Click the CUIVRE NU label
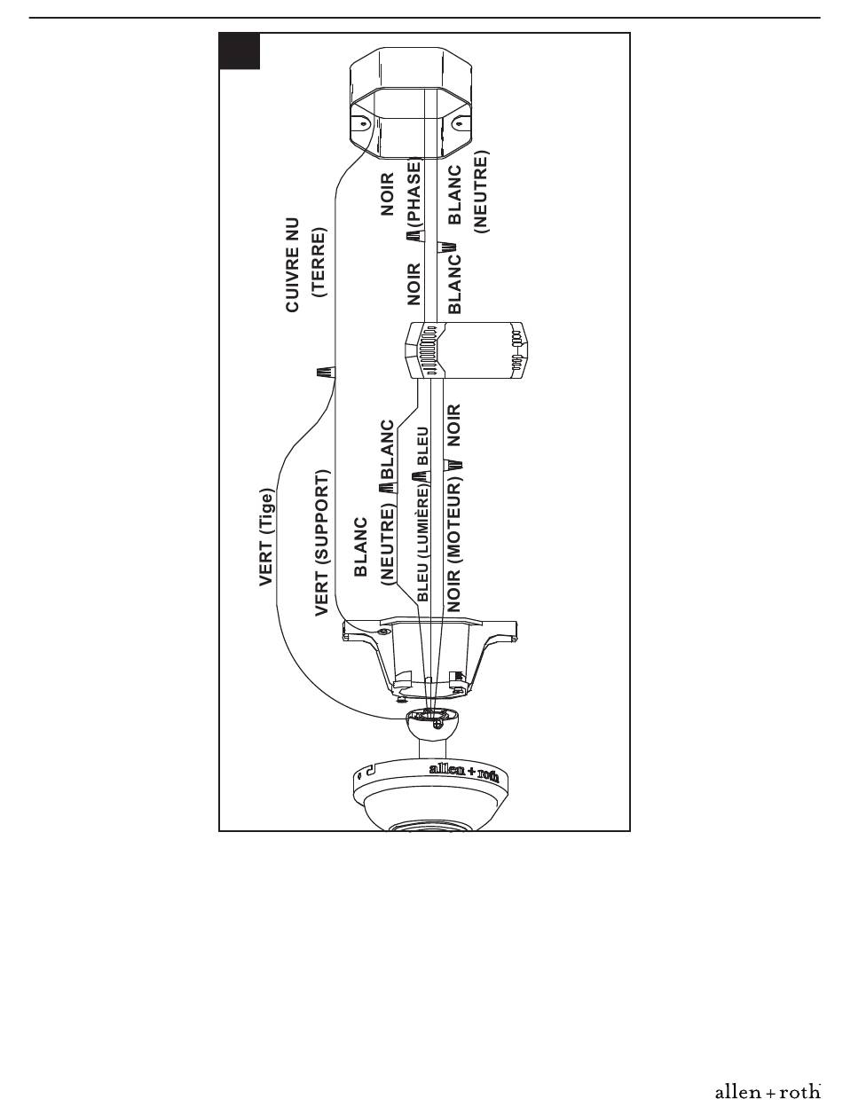tap(293, 265)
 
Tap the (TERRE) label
tap(319, 263)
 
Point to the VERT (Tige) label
tap(266, 538)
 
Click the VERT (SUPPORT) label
tap(322, 543)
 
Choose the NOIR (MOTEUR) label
tap(453, 547)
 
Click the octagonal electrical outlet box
tap(411, 103)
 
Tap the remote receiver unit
tap(465, 350)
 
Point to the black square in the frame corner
tap(240, 51)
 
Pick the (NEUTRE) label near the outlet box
tap(481, 192)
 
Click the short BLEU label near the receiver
tap(422, 446)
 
